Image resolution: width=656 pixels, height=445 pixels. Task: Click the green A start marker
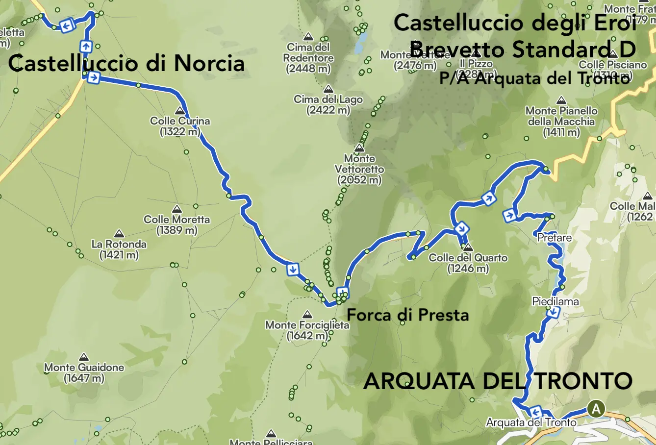point(596,409)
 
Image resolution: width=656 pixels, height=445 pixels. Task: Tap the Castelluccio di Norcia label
point(126,64)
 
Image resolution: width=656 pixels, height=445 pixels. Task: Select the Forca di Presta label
point(407,315)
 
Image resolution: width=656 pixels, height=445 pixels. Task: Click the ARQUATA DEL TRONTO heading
point(498,381)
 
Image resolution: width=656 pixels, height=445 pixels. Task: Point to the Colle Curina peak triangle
point(180,111)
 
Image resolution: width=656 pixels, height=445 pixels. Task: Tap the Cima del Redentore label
point(308,58)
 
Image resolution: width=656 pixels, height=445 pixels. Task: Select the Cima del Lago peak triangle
point(328,89)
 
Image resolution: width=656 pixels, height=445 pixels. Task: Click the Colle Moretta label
point(177,224)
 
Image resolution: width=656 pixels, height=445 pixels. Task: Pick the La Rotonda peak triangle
point(119,234)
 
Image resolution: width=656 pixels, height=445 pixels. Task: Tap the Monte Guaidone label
point(84,372)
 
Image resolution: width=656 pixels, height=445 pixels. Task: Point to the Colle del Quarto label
point(468,263)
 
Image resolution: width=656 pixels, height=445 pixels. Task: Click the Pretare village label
point(554,238)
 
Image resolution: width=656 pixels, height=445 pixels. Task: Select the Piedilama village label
point(555,301)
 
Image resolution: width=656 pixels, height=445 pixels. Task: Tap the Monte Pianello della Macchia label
point(561,121)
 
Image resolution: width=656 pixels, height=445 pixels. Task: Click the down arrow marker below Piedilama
point(554,312)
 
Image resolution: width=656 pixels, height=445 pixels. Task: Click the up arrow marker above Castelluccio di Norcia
point(86,47)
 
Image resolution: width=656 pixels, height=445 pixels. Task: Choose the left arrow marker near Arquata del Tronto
point(535,411)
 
